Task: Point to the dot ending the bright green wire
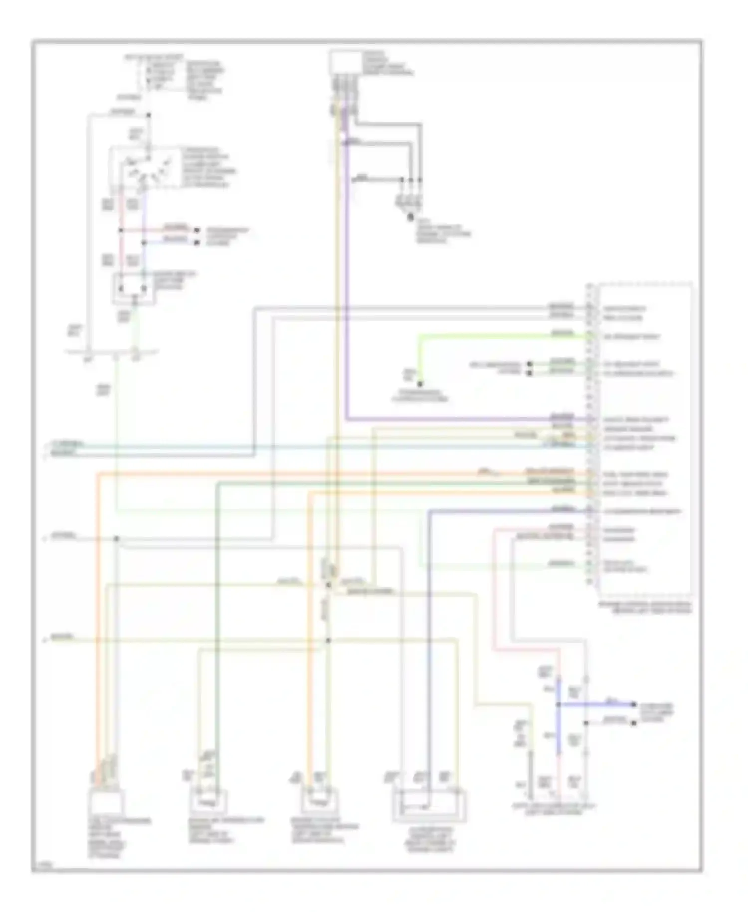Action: click(420, 384)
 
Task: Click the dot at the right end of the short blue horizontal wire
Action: click(634, 704)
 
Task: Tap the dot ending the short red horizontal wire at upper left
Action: click(196, 231)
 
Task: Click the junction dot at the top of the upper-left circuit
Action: click(148, 115)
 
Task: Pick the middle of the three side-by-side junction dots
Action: click(411, 180)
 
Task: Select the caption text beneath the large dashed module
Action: click(646, 607)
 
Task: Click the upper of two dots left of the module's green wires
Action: click(530, 364)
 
